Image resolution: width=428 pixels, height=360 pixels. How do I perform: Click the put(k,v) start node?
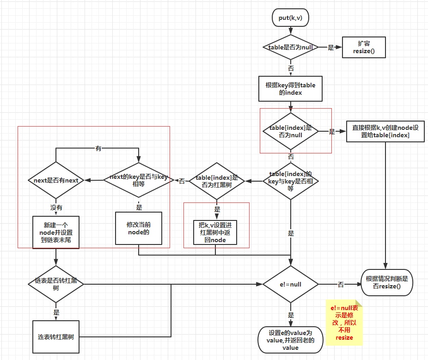click(290, 18)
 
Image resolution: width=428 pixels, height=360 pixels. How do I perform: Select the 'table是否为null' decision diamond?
click(290, 47)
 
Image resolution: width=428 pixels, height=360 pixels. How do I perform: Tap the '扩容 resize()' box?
click(364, 47)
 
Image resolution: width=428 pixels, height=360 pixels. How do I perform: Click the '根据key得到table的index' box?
click(290, 89)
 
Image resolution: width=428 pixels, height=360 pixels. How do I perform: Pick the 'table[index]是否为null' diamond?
click(290, 132)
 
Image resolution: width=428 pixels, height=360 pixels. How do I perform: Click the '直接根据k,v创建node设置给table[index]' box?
click(385, 131)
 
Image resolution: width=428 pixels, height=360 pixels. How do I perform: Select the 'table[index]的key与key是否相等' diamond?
click(290, 181)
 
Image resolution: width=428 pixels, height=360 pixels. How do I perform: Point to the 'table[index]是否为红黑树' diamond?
click(217, 181)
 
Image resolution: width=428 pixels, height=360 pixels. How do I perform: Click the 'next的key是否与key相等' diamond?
click(138, 181)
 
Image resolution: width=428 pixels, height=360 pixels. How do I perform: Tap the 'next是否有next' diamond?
click(56, 181)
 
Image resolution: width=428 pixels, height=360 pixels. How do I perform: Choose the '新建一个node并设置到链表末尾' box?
click(56, 232)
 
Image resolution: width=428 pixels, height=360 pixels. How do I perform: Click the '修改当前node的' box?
click(138, 228)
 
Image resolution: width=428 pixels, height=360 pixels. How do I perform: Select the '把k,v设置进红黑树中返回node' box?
click(215, 232)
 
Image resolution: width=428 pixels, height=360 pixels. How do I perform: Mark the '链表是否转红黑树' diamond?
click(56, 284)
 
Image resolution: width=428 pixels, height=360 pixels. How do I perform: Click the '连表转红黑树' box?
click(56, 337)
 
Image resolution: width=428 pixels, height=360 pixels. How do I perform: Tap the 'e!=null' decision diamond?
click(290, 284)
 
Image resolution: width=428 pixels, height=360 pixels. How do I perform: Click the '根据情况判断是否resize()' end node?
click(387, 282)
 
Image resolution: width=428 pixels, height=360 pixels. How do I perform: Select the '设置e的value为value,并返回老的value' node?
click(290, 339)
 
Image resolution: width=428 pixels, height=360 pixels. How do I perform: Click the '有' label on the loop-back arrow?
click(98, 148)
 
